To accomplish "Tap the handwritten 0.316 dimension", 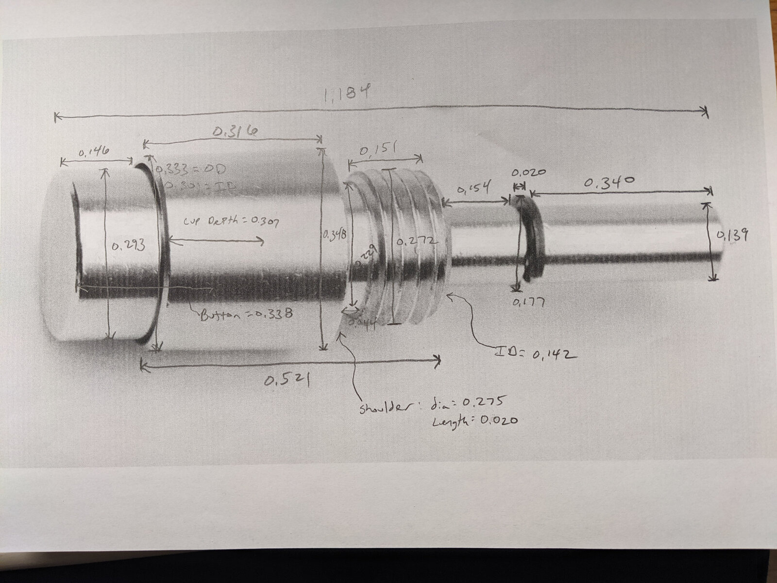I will tap(235, 131).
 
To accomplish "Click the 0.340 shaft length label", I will tap(609, 182).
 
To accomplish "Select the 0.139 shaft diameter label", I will tap(732, 235).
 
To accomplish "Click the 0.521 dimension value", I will tap(287, 381).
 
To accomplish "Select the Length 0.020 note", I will tap(474, 421).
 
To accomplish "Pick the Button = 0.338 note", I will tap(246, 315).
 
